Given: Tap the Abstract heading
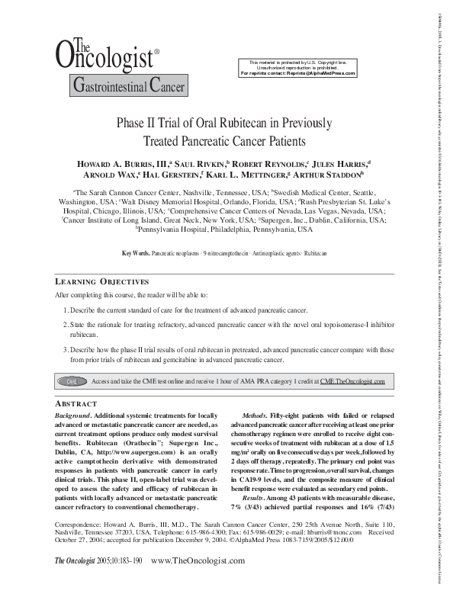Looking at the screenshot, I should pyautogui.click(x=77, y=403).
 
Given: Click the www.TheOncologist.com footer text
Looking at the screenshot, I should pyautogui.click(x=199, y=582).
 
